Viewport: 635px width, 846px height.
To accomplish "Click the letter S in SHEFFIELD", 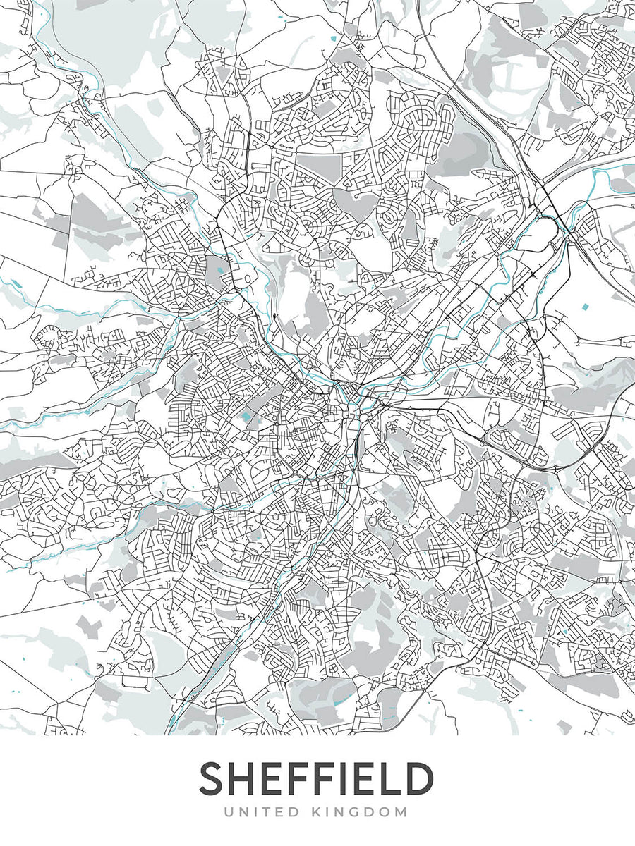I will point(214,779).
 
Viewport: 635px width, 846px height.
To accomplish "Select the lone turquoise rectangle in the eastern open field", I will point(585,307).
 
